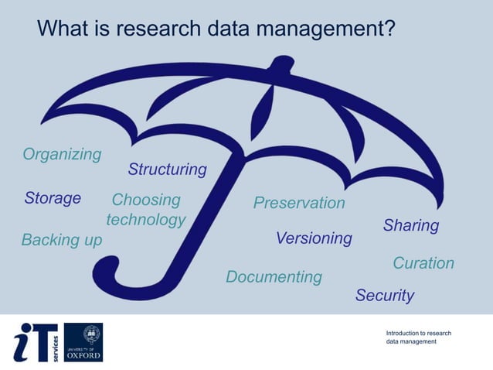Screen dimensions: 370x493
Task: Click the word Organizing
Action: tap(62, 154)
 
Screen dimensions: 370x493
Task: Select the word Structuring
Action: tap(168, 169)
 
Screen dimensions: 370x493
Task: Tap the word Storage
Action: tap(53, 198)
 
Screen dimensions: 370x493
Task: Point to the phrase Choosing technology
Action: tap(146, 210)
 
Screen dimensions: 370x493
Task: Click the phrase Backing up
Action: tap(62, 240)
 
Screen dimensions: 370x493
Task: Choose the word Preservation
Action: tap(299, 203)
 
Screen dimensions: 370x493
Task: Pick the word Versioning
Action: tap(314, 238)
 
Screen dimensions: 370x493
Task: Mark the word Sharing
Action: tap(411, 225)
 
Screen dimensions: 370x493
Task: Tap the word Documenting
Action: tap(274, 276)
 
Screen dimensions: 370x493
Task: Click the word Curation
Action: tap(423, 263)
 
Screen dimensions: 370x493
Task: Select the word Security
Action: tap(385, 295)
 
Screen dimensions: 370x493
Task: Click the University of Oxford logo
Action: tap(83, 342)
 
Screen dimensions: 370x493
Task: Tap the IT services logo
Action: tap(36, 342)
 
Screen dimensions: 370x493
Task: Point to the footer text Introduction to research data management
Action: tap(419, 337)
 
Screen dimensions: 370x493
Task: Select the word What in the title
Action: tap(64, 29)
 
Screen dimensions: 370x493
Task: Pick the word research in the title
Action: tap(161, 29)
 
